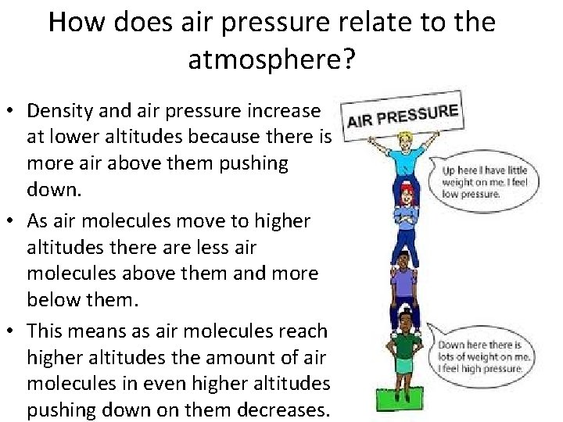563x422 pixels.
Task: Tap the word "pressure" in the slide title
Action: coord(259,22)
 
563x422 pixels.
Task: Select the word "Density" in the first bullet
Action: coord(64,112)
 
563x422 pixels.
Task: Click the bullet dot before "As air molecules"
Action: coord(14,222)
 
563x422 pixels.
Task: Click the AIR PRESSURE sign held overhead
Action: coord(402,113)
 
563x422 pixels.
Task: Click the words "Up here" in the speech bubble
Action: coord(457,170)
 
